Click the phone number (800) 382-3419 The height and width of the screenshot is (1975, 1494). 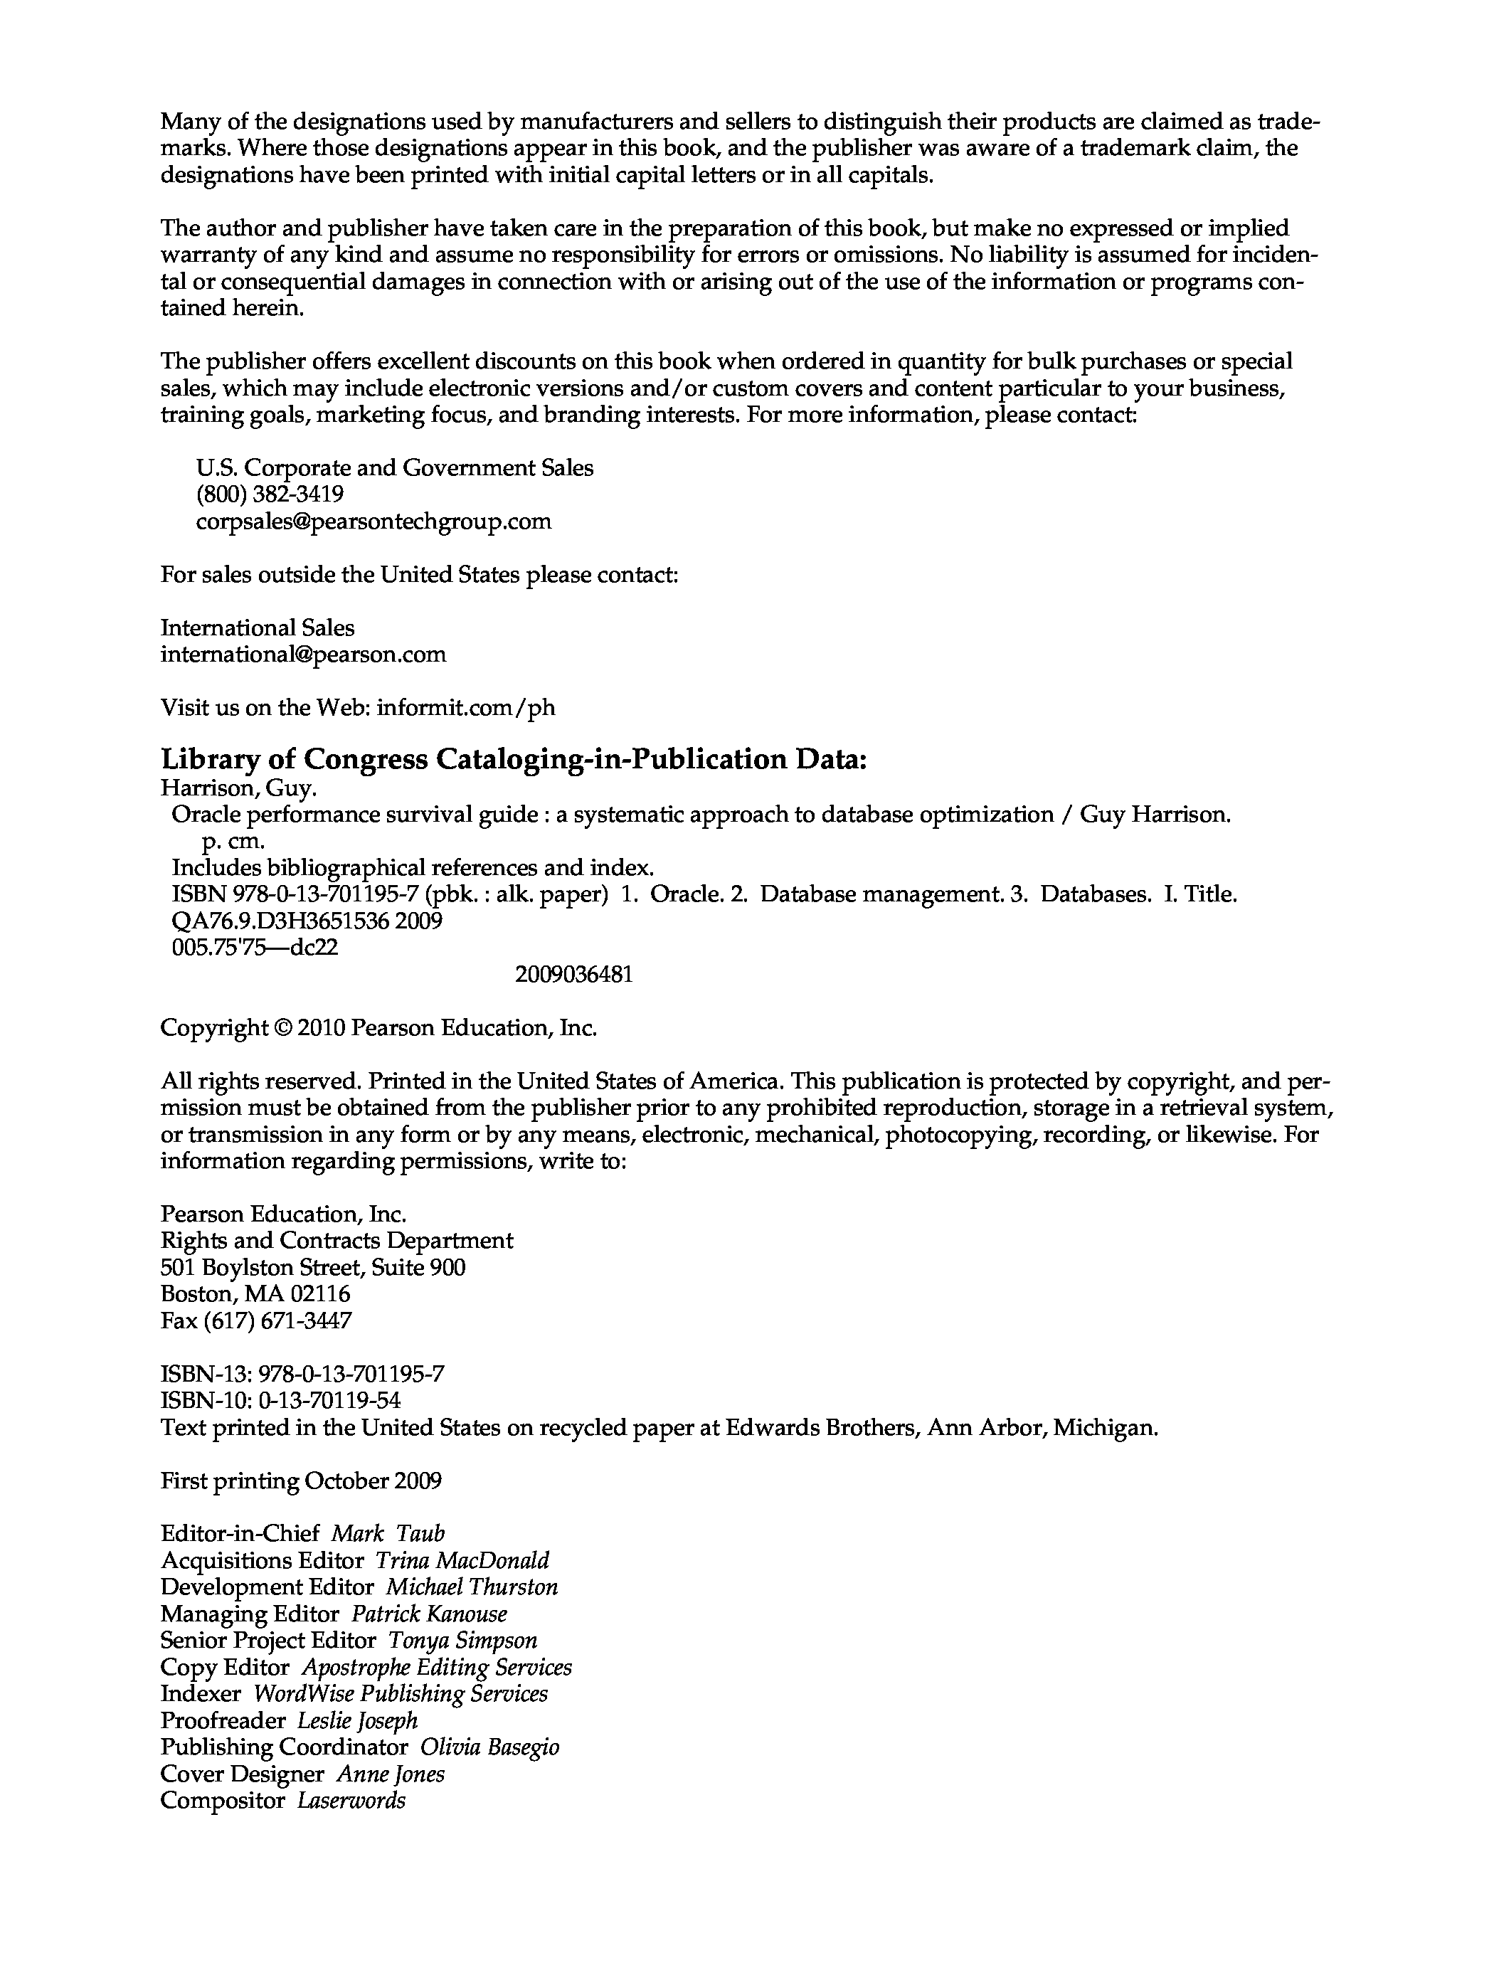270,494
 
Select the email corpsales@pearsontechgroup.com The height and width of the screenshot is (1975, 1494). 373,521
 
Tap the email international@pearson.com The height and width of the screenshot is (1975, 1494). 303,655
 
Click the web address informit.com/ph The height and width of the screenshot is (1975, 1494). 465,708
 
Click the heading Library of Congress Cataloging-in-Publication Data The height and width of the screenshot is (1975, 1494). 514,759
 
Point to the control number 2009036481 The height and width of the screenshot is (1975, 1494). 573,974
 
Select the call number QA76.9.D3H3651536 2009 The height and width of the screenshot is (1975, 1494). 307,921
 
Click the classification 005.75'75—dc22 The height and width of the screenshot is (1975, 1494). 255,948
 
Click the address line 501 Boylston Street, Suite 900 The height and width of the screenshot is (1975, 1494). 312,1268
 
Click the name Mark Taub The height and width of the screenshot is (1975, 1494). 388,1534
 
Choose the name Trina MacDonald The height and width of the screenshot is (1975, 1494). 462,1561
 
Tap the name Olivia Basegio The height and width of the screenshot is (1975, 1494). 489,1747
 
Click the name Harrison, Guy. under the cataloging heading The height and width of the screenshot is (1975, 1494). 238,788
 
